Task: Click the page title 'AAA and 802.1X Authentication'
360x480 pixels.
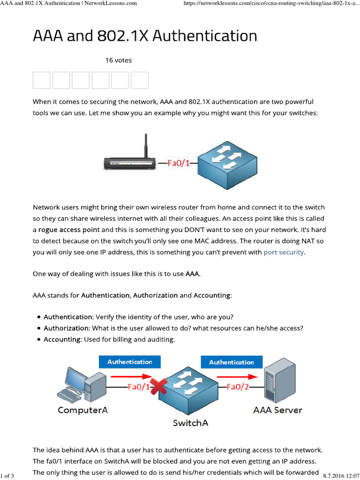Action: click(x=145, y=36)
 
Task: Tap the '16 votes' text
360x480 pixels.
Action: click(x=118, y=60)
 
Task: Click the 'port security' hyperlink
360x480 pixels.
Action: click(x=284, y=252)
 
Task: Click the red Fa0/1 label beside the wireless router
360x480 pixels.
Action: click(x=179, y=164)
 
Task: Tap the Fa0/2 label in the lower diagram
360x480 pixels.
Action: click(x=238, y=387)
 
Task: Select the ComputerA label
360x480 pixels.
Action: click(x=82, y=410)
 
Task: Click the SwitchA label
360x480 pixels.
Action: click(x=190, y=423)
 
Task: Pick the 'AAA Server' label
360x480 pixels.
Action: click(x=277, y=410)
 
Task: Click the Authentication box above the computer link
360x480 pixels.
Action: click(x=130, y=362)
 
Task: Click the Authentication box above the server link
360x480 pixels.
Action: click(x=232, y=362)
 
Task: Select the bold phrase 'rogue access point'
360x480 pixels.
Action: click(x=69, y=230)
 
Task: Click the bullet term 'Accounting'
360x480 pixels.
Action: click(x=62, y=339)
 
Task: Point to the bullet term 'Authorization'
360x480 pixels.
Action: click(x=66, y=328)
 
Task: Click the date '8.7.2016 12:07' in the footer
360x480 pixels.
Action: click(x=341, y=476)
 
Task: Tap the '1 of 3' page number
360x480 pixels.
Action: click(x=7, y=476)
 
